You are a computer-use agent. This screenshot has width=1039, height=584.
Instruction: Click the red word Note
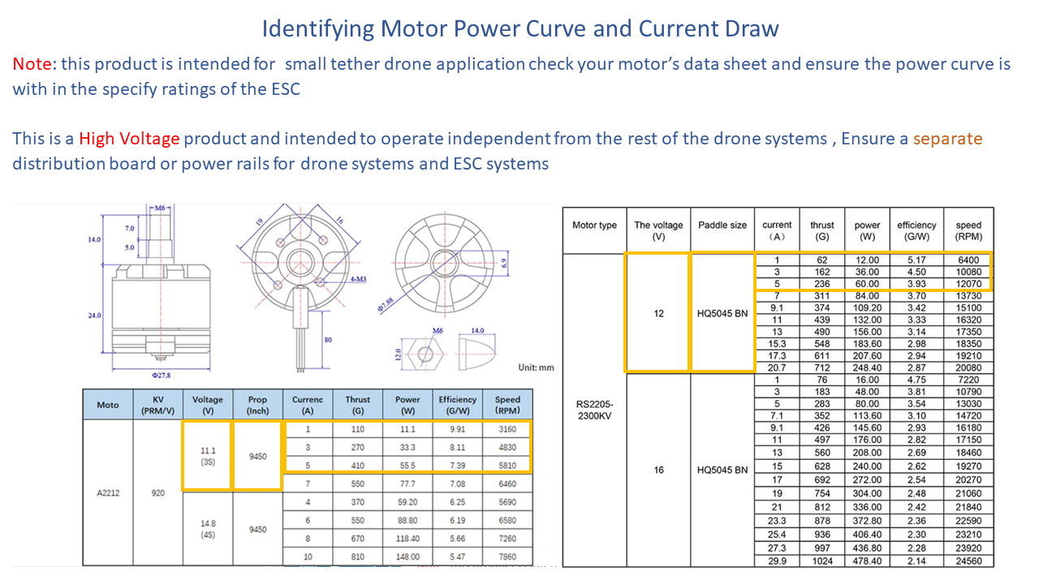(x=32, y=63)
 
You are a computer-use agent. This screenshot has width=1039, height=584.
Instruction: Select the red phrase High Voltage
(x=129, y=139)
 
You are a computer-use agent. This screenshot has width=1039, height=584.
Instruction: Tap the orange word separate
(x=947, y=139)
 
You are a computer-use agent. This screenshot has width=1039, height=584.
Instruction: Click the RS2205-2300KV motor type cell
(x=594, y=410)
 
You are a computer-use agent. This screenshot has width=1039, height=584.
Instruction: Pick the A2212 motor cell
(x=108, y=492)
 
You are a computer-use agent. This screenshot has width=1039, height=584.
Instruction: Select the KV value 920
(x=158, y=492)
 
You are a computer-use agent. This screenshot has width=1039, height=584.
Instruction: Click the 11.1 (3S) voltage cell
(x=207, y=455)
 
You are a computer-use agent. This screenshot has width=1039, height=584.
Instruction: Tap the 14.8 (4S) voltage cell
(x=207, y=529)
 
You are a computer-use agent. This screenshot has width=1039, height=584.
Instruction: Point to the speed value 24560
(x=968, y=561)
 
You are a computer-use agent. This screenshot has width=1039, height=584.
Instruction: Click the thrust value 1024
(x=821, y=561)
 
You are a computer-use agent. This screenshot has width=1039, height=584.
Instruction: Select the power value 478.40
(x=867, y=561)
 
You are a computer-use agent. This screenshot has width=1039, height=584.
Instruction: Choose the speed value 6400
(x=968, y=260)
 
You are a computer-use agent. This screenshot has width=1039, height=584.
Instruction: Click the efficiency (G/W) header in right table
(x=916, y=230)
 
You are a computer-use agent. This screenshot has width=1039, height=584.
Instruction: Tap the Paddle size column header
(x=722, y=225)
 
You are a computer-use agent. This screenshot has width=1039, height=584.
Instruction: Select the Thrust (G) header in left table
(x=357, y=405)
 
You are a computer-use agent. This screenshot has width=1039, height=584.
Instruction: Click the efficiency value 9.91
(x=457, y=429)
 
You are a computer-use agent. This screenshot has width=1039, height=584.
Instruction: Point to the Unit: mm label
(x=536, y=367)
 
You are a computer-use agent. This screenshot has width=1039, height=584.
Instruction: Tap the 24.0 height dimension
(x=95, y=315)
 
